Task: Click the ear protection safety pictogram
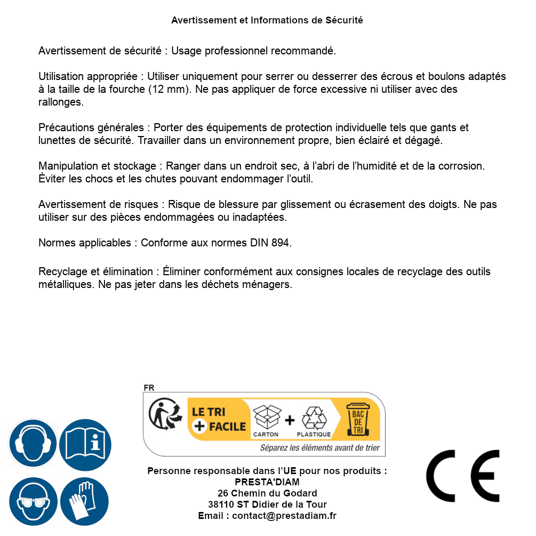click(32, 443)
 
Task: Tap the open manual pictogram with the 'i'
click(85, 443)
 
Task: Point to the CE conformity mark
click(463, 476)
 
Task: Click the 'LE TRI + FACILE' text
click(219, 419)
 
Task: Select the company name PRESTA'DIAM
click(267, 482)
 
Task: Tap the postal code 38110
click(219, 505)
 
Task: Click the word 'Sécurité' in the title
click(344, 20)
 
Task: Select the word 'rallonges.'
click(61, 102)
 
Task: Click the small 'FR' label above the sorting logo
click(149, 388)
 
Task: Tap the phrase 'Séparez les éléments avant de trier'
click(319, 447)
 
